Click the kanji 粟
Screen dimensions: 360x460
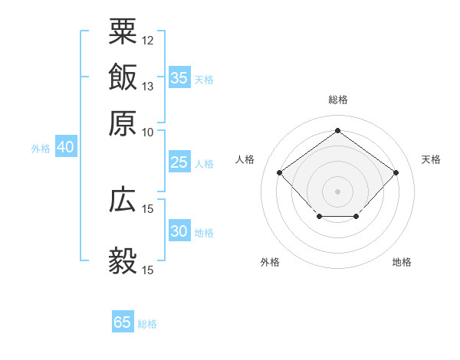(x=123, y=31)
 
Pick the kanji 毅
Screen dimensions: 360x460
(x=123, y=260)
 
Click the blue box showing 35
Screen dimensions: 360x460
(x=179, y=78)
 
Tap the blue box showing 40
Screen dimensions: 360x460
(x=65, y=147)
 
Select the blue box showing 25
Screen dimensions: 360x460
(x=179, y=162)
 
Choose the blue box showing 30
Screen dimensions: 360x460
(x=179, y=232)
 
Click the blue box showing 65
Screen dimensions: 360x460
(x=123, y=322)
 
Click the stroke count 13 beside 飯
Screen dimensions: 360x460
(x=148, y=86)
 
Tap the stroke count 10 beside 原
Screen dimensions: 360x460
(x=148, y=132)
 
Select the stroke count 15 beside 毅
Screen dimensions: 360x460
(x=148, y=270)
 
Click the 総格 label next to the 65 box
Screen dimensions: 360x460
(x=147, y=324)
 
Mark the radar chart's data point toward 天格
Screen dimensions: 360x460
(x=396, y=172)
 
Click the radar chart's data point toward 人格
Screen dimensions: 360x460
(x=280, y=172)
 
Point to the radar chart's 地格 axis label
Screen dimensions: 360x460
(x=402, y=263)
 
